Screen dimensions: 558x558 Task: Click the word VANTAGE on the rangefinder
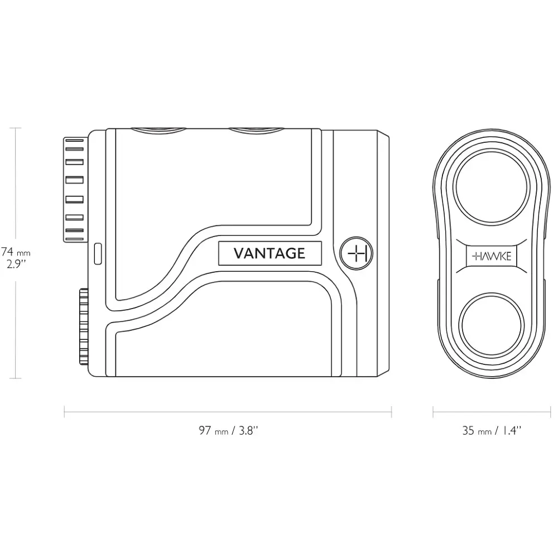pyautogui.click(x=270, y=253)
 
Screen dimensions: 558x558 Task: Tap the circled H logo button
pyautogui.click(x=356, y=253)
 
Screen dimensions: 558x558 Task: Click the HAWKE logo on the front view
pyautogui.click(x=492, y=256)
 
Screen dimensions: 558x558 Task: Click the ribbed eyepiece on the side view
pyautogui.click(x=75, y=190)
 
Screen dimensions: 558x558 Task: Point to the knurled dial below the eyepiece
pyautogui.click(x=84, y=326)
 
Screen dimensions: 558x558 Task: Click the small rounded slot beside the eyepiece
pyautogui.click(x=98, y=254)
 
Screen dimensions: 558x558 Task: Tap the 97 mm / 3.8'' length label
pyautogui.click(x=228, y=431)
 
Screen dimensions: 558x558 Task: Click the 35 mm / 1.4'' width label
pyautogui.click(x=492, y=431)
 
